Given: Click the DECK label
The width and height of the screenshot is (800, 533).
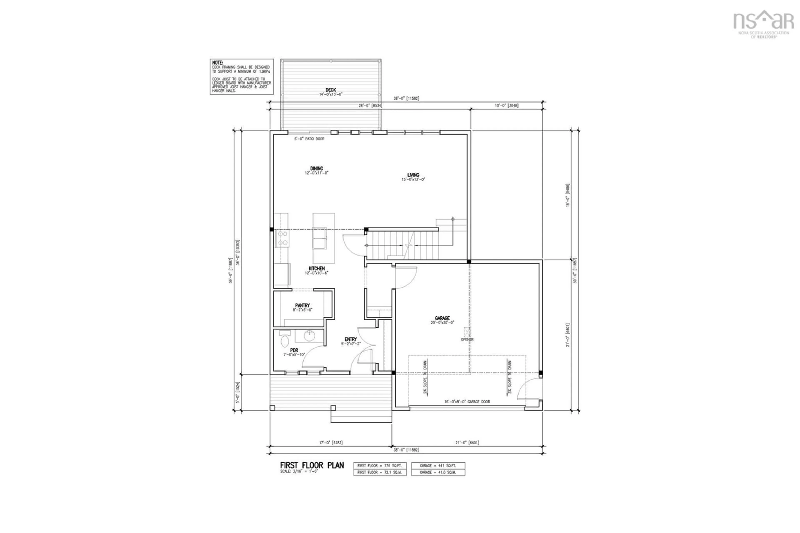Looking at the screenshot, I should (330, 90).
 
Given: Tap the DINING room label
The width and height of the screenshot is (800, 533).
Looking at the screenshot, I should (316, 169).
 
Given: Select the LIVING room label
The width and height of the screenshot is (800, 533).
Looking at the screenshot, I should (413, 175).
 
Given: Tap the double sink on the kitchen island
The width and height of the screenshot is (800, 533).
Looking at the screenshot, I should (319, 238).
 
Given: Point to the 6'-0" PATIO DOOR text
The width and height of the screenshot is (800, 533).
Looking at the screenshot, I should (309, 139).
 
